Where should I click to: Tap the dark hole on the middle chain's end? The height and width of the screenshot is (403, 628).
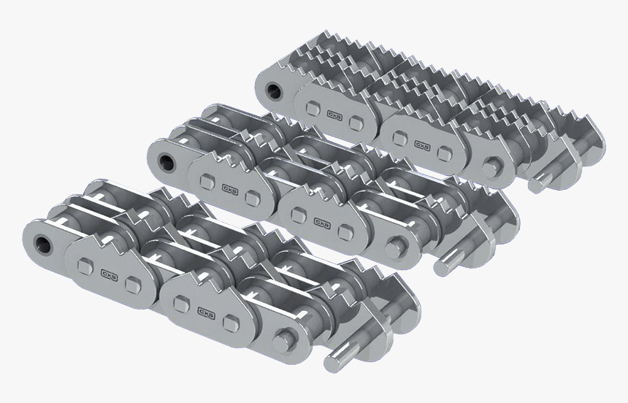(x=166, y=158)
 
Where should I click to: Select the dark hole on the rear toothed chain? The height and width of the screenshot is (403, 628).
(x=275, y=91)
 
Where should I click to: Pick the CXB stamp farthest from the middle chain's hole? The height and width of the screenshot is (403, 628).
(x=320, y=222)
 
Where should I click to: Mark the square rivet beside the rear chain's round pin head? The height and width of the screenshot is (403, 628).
(x=444, y=151)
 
